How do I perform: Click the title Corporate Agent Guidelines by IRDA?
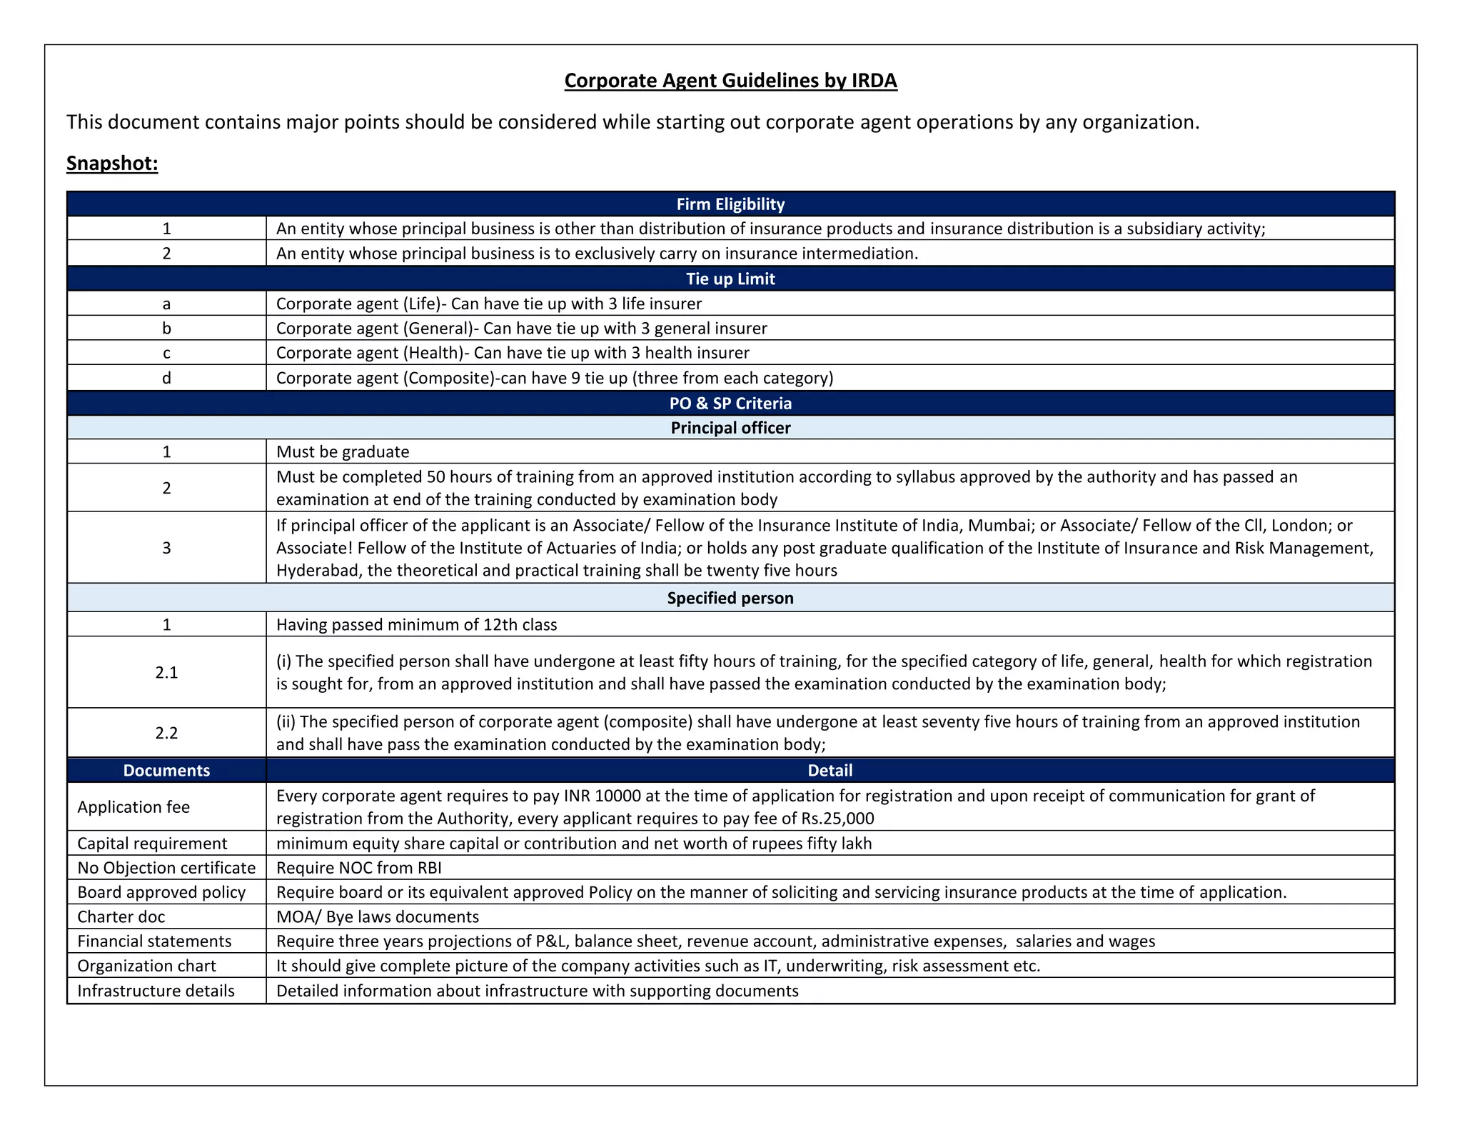(x=730, y=81)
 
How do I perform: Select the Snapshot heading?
(x=112, y=164)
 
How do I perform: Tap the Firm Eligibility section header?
(x=730, y=204)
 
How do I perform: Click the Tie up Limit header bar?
(x=730, y=279)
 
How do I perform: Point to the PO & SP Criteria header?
(x=730, y=403)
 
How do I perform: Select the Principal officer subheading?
(x=730, y=428)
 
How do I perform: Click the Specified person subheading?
(x=730, y=598)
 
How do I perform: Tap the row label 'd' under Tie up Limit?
(x=166, y=378)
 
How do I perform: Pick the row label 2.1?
(x=166, y=672)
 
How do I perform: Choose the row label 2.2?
(x=166, y=733)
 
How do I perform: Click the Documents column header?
(x=166, y=770)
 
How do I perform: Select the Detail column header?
(x=830, y=770)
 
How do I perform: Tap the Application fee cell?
(x=133, y=807)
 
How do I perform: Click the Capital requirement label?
(x=152, y=844)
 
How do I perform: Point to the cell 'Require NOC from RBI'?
(x=359, y=868)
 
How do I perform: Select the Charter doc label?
(x=121, y=916)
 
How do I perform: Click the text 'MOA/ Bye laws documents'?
(x=378, y=916)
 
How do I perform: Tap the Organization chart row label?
(x=146, y=966)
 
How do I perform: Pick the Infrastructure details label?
(x=156, y=991)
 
